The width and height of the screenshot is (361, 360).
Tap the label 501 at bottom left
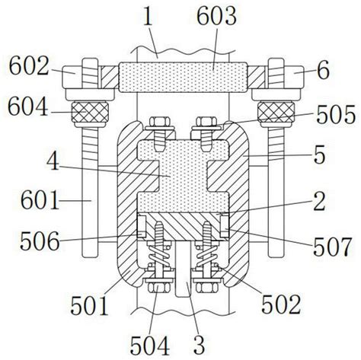tap(85, 307)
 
